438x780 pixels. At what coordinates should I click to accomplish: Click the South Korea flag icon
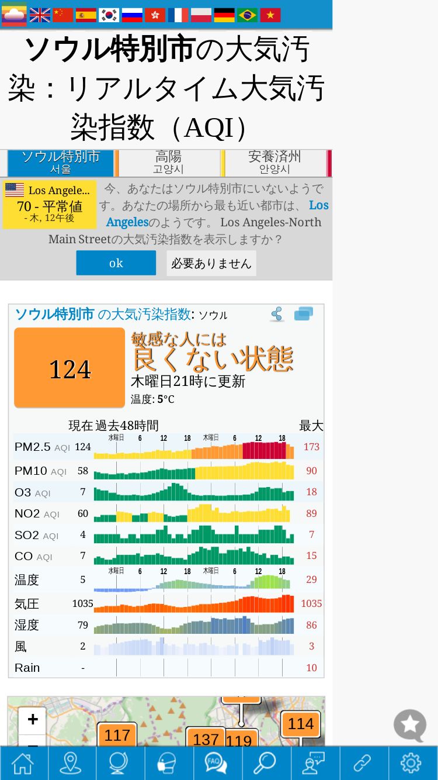click(x=109, y=15)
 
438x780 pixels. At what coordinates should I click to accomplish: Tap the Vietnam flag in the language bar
click(x=270, y=15)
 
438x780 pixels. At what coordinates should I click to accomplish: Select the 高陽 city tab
click(x=169, y=163)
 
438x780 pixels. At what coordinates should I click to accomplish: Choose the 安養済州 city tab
click(x=274, y=163)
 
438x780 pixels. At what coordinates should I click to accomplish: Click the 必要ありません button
click(x=211, y=263)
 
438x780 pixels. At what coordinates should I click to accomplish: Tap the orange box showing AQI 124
click(x=69, y=368)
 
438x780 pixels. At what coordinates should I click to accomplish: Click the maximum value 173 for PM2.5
click(x=311, y=447)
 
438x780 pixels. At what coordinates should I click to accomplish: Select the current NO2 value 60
click(x=83, y=513)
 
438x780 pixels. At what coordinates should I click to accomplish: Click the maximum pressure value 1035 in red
click(x=311, y=603)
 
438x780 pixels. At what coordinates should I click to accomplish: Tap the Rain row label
click(x=27, y=668)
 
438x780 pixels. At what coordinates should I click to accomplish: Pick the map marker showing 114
click(x=300, y=724)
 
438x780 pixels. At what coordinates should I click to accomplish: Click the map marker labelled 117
click(x=117, y=735)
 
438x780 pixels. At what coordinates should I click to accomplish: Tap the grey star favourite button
click(x=410, y=726)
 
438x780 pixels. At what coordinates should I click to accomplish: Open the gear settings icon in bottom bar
click(x=411, y=762)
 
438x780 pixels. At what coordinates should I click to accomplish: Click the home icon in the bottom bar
click(x=23, y=762)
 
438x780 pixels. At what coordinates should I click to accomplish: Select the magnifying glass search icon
click(x=265, y=762)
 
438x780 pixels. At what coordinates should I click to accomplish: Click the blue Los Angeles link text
click(x=318, y=205)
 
